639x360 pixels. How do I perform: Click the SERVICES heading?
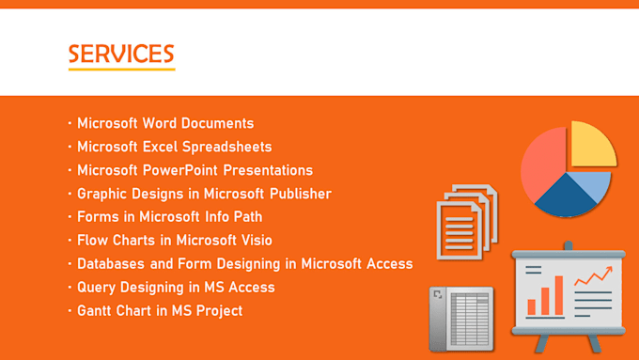121,54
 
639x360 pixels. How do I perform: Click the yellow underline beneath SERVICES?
121,70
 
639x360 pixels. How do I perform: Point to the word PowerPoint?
183,170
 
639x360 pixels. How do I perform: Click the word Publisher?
297,194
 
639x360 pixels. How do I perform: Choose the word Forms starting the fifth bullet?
98,217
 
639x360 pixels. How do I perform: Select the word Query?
98,288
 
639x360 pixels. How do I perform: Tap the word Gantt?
98,311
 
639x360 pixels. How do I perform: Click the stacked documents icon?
465,223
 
